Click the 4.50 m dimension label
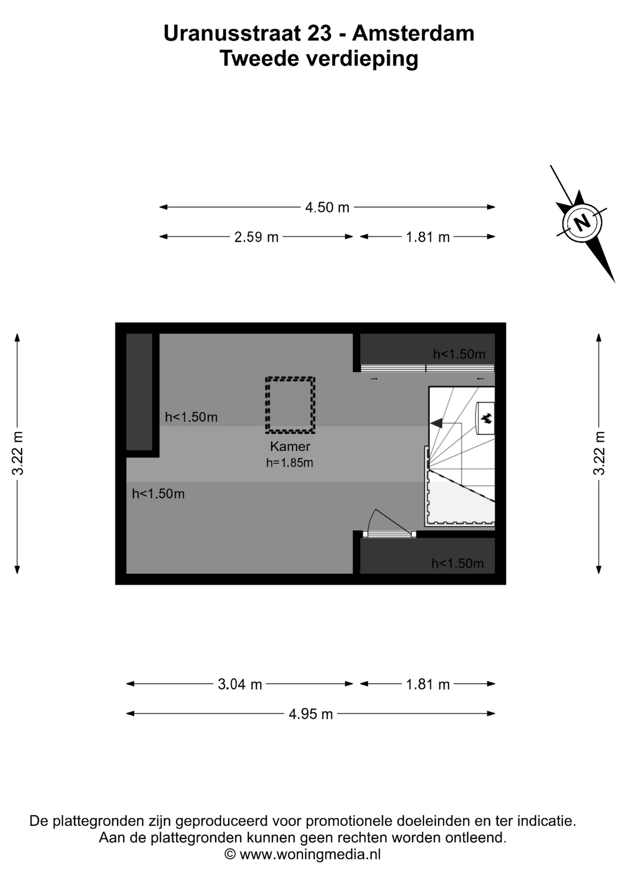point(327,207)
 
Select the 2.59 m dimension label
point(256,237)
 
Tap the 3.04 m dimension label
point(240,684)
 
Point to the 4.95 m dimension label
point(311,714)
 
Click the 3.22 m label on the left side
point(18,453)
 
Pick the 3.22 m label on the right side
point(599,453)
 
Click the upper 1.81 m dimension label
point(428,237)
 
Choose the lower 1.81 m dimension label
point(428,684)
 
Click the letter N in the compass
point(582,223)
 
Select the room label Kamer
point(290,446)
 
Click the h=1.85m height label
point(289,462)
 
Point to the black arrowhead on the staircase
point(436,423)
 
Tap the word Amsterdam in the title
point(413,33)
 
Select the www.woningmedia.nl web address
point(310,854)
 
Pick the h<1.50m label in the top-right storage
point(459,354)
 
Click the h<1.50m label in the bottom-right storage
point(458,563)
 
